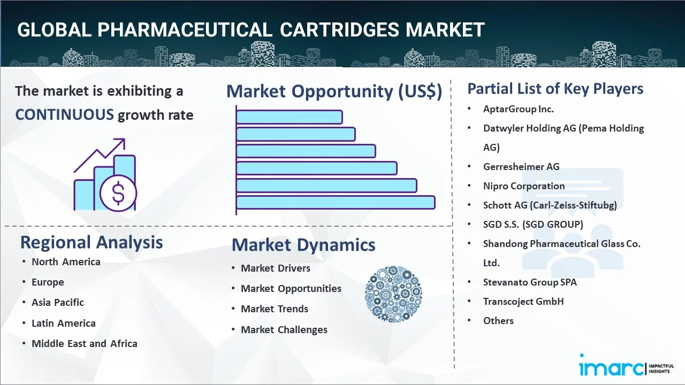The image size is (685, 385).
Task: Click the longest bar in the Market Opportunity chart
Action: click(336, 202)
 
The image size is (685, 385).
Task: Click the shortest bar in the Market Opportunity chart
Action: click(289, 117)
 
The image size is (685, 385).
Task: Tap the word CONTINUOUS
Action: click(64, 114)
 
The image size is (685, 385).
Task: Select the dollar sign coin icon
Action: click(118, 194)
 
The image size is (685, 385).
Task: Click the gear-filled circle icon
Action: click(393, 294)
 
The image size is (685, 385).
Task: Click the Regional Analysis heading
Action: click(92, 242)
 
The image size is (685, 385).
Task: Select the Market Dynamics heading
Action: click(303, 245)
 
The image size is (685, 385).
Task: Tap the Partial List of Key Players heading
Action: click(555, 89)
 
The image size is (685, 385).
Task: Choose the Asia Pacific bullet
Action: click(58, 302)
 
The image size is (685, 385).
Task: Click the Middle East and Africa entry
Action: click(85, 343)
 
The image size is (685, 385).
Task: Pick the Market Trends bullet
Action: click(275, 309)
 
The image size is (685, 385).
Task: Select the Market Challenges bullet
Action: click(284, 329)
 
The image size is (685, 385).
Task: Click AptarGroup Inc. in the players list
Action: click(518, 109)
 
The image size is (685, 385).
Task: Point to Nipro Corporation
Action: click(524, 186)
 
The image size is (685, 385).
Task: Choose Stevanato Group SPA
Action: click(530, 282)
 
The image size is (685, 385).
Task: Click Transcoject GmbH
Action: click(523, 301)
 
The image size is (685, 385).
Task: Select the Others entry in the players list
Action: click(498, 320)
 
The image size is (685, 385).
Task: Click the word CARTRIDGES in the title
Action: click(339, 30)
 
